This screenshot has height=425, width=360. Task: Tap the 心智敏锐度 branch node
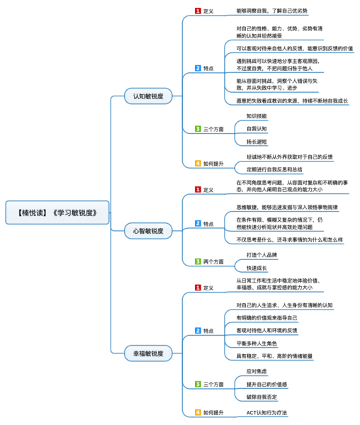(147, 231)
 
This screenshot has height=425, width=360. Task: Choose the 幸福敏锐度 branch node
(147, 353)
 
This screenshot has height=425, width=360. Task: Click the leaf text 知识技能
(257, 115)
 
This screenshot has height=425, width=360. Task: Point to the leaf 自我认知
(257, 129)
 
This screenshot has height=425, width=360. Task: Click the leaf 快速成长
(257, 268)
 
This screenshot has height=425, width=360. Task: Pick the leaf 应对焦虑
(257, 370)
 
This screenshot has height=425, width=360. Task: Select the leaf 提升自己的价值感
(266, 383)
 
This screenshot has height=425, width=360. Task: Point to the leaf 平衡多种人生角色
(266, 344)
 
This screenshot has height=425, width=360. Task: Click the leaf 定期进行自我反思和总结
(274, 170)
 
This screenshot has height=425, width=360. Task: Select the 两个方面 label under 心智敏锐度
(213, 261)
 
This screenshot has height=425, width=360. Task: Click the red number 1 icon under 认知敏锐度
(198, 11)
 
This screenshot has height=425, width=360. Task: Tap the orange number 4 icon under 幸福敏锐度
(198, 412)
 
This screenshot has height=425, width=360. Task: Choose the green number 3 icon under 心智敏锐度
(198, 261)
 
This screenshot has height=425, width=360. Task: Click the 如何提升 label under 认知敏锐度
(213, 163)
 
